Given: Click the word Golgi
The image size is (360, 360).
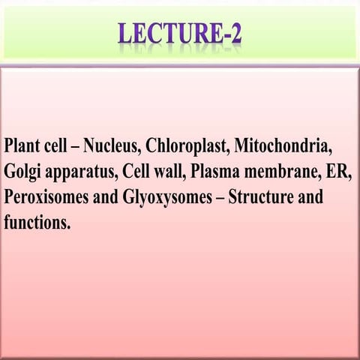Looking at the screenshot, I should point(22,171).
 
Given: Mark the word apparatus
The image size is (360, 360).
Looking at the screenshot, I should point(79,172).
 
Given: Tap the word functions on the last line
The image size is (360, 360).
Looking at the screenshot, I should point(37,224).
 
